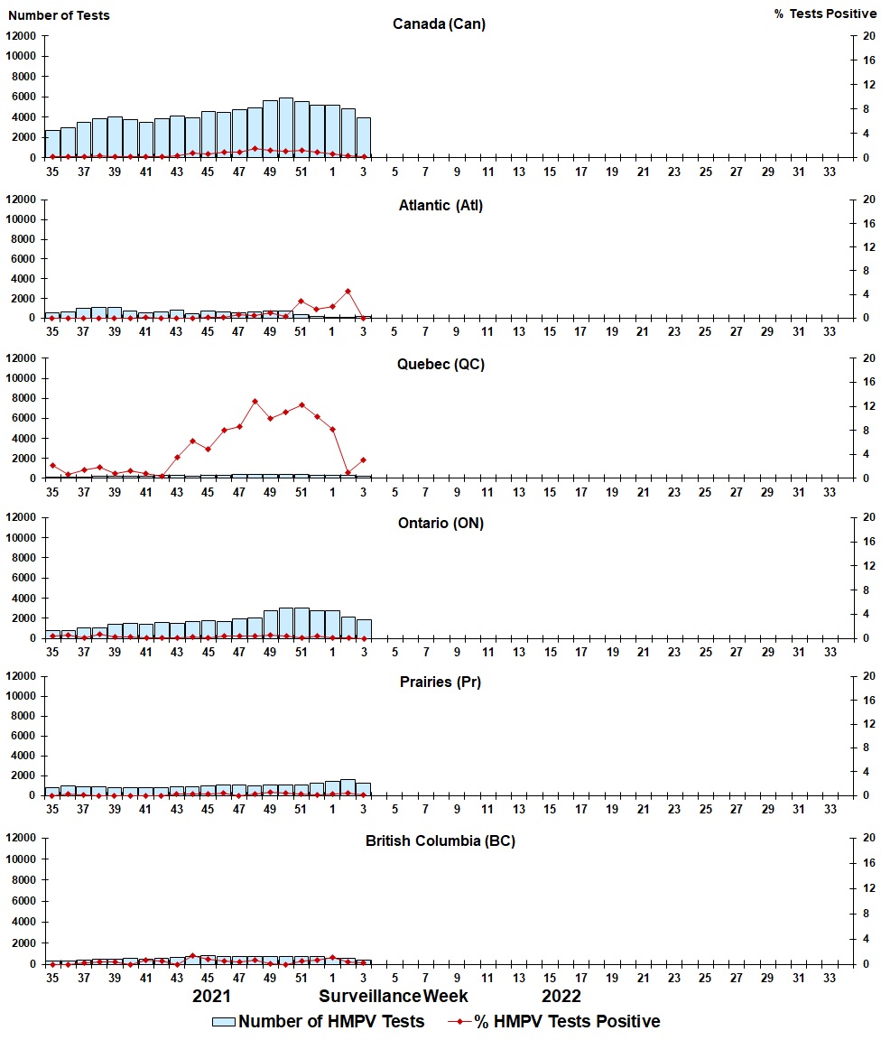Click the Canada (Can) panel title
(x=439, y=23)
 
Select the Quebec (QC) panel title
(x=439, y=364)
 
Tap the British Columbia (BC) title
(x=440, y=840)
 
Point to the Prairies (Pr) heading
(x=440, y=682)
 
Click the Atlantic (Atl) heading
(x=440, y=205)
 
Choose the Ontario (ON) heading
(x=440, y=523)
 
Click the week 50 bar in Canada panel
(x=285, y=127)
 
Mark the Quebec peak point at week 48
(x=255, y=401)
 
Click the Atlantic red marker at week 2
(x=348, y=291)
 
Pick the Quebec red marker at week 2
(x=348, y=472)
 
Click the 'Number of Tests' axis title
(x=59, y=15)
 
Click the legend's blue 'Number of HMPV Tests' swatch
(x=224, y=1022)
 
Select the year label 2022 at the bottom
(x=561, y=996)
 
